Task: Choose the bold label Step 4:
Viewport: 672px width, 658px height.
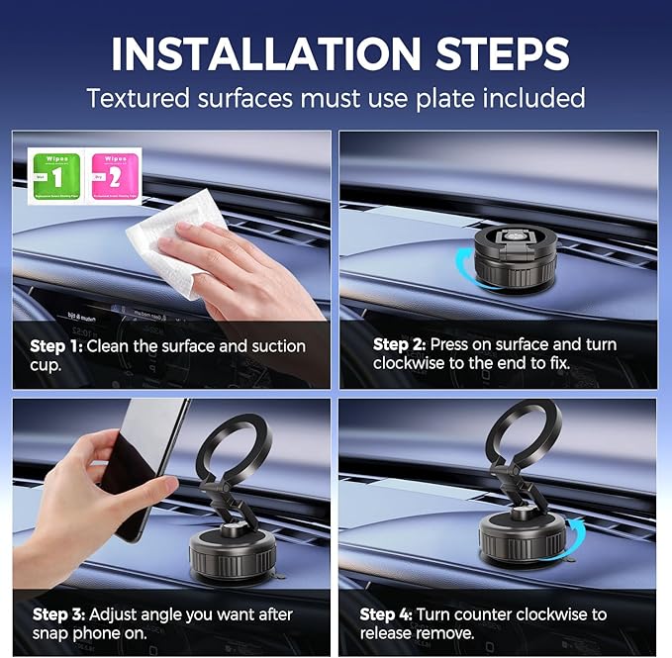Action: [386, 614]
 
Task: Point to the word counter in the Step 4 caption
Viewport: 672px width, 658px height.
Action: [492, 614]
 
